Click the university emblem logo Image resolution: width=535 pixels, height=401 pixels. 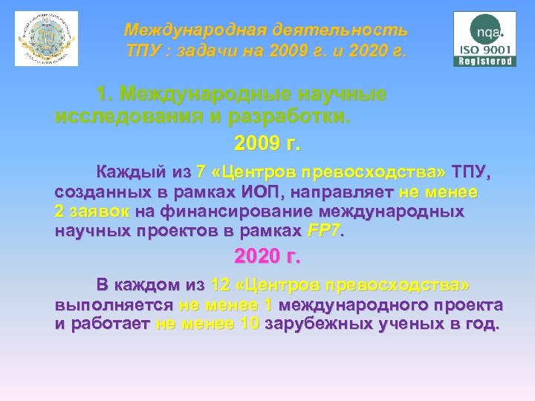pyautogui.click(x=46, y=39)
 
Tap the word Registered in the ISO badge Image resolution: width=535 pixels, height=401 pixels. pyautogui.click(x=485, y=62)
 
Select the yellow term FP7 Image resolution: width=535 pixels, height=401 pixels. pyautogui.click(x=322, y=231)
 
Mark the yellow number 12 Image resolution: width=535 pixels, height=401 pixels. pyautogui.click(x=220, y=285)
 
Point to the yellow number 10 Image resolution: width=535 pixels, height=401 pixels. pyautogui.click(x=250, y=325)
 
